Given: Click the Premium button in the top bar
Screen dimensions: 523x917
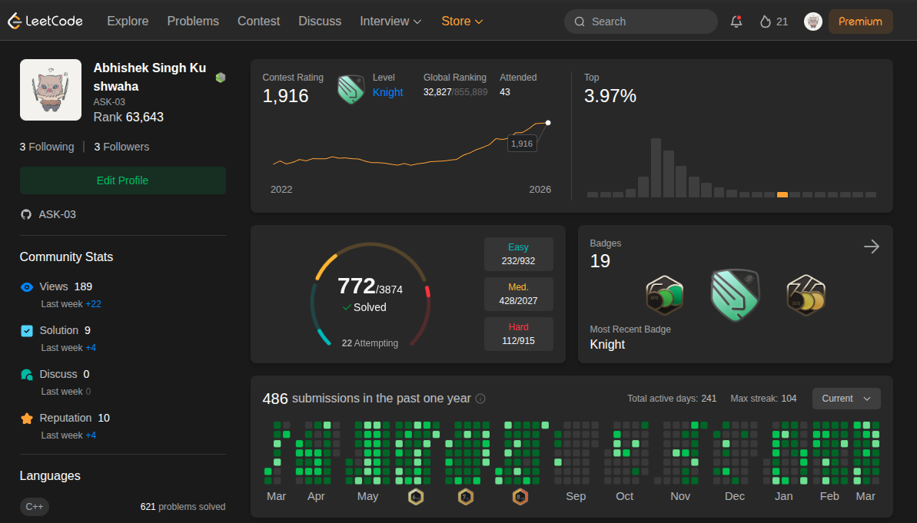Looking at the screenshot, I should [x=860, y=22].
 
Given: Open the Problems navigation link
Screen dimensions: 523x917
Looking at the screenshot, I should [x=193, y=22].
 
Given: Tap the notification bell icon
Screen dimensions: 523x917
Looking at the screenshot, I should [x=736, y=22].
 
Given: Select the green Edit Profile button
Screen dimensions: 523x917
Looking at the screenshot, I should [x=123, y=180].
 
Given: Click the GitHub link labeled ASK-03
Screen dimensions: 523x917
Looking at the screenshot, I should [x=58, y=214].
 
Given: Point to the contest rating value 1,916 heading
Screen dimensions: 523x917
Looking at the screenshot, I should [x=285, y=96].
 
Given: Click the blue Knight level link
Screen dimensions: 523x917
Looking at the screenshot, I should [x=387, y=92].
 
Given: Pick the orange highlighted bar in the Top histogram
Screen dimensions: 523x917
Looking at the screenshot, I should [x=782, y=194].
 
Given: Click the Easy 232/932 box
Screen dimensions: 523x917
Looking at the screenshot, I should [x=518, y=254].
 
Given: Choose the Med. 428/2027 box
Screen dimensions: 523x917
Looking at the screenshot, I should [x=518, y=294].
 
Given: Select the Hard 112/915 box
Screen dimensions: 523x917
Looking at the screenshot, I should [x=518, y=334].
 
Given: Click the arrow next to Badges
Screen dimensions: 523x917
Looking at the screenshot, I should [x=872, y=247].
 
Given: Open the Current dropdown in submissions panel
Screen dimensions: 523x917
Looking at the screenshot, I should [x=846, y=399].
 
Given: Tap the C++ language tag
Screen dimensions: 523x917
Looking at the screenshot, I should [x=35, y=506].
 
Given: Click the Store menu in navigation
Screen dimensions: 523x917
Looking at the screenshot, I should [x=462, y=22].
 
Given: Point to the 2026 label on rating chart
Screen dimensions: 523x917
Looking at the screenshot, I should [x=540, y=190].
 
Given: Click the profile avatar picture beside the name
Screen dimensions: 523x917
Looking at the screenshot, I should [x=51, y=90].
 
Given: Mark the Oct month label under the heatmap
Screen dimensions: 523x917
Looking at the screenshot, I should [x=624, y=496].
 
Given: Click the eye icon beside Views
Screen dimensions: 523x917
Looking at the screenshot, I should [x=27, y=287].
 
